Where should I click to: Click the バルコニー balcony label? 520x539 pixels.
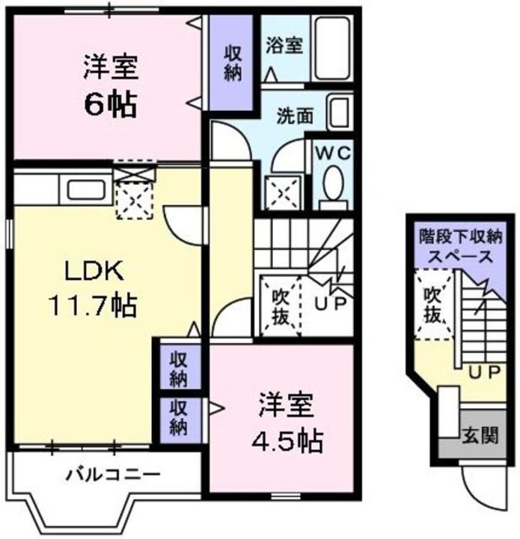click(x=111, y=474)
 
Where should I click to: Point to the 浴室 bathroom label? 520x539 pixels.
click(x=284, y=46)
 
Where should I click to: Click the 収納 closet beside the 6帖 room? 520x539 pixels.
click(x=233, y=62)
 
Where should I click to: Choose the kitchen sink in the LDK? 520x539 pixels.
click(x=85, y=189)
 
